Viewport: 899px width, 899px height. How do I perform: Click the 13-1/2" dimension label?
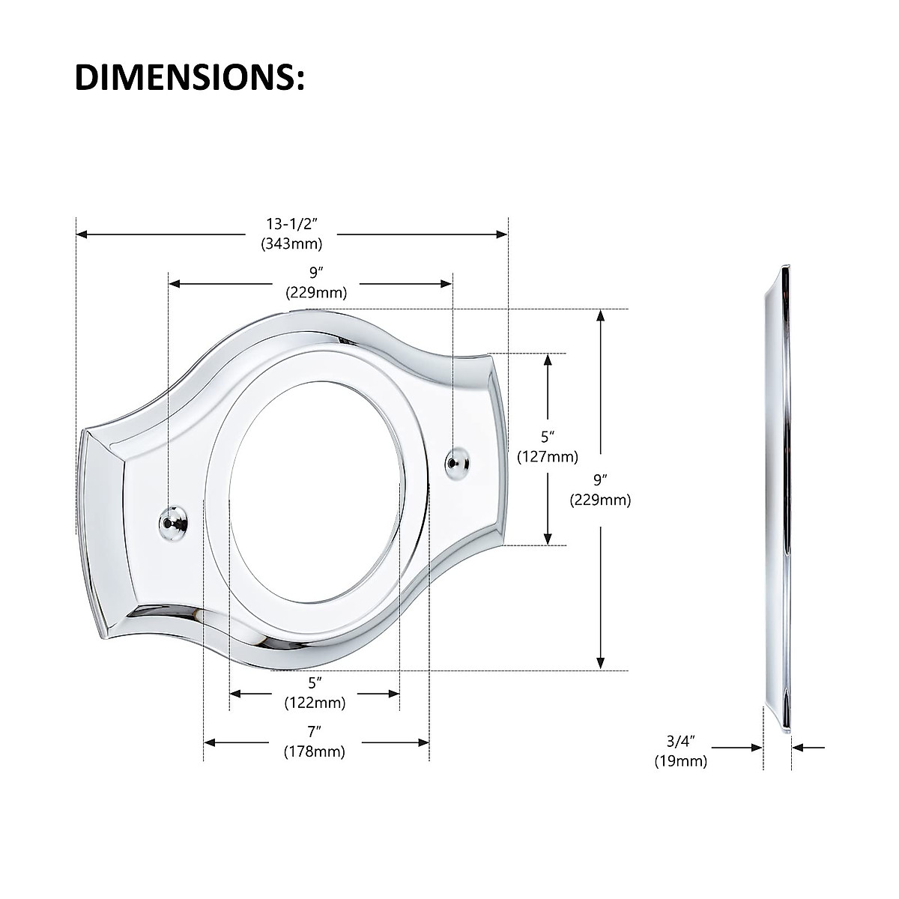[x=291, y=224]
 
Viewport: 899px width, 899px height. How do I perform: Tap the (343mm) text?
[x=291, y=243]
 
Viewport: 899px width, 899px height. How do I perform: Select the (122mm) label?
[x=315, y=703]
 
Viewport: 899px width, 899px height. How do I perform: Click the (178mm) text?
[x=315, y=751]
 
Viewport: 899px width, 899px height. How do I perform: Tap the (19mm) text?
[x=681, y=761]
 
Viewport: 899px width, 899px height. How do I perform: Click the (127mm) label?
[x=548, y=456]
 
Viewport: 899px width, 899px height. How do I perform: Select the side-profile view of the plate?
[x=779, y=494]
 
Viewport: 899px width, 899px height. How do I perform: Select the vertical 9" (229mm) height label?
[x=600, y=490]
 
